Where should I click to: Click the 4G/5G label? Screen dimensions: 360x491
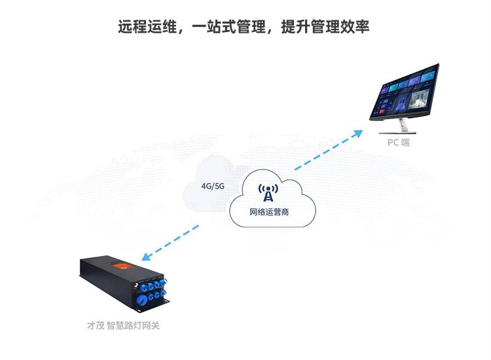point(213,186)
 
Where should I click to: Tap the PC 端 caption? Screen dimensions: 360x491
point(397,142)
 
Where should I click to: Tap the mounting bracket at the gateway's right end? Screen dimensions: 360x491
point(168,300)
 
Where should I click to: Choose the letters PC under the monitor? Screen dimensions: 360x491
point(391,142)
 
